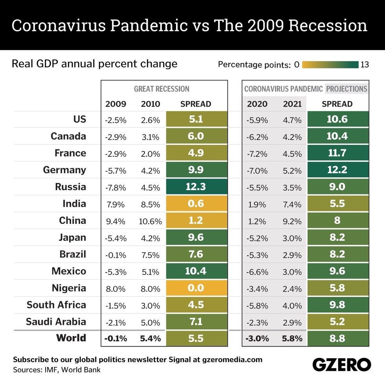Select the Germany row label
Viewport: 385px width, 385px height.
pos(65,170)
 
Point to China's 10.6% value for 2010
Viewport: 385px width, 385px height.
pos(150,221)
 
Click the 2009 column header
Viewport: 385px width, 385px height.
pos(115,104)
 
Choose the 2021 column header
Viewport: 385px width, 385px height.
pos(292,104)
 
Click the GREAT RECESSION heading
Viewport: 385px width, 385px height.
pos(161,89)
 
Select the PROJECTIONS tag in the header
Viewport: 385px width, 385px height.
pos(346,89)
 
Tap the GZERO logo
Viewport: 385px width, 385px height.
pos(341,364)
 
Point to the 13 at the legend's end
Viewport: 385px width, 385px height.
pos(365,64)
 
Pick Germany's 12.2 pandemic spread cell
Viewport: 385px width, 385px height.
pos(337,170)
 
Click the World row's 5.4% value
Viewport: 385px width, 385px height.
pos(150,339)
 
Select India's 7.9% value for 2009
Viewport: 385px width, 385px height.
pos(115,204)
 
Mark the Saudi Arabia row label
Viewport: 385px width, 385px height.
pos(56,322)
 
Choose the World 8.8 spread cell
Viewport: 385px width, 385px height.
pos(337,339)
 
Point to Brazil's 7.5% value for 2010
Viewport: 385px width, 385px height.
pos(150,255)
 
